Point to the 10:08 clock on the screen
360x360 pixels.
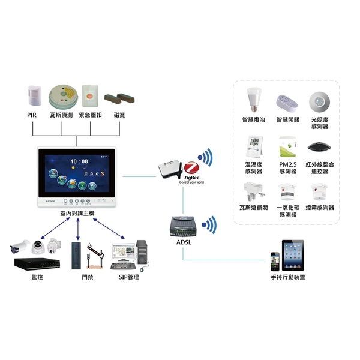coord(78,161)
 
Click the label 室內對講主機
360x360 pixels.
coord(77,214)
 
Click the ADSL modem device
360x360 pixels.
coord(184,225)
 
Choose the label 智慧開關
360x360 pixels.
coord(287,119)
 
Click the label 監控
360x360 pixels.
coord(37,277)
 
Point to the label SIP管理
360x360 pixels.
coord(125,277)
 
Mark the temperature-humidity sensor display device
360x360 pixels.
coord(254,146)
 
